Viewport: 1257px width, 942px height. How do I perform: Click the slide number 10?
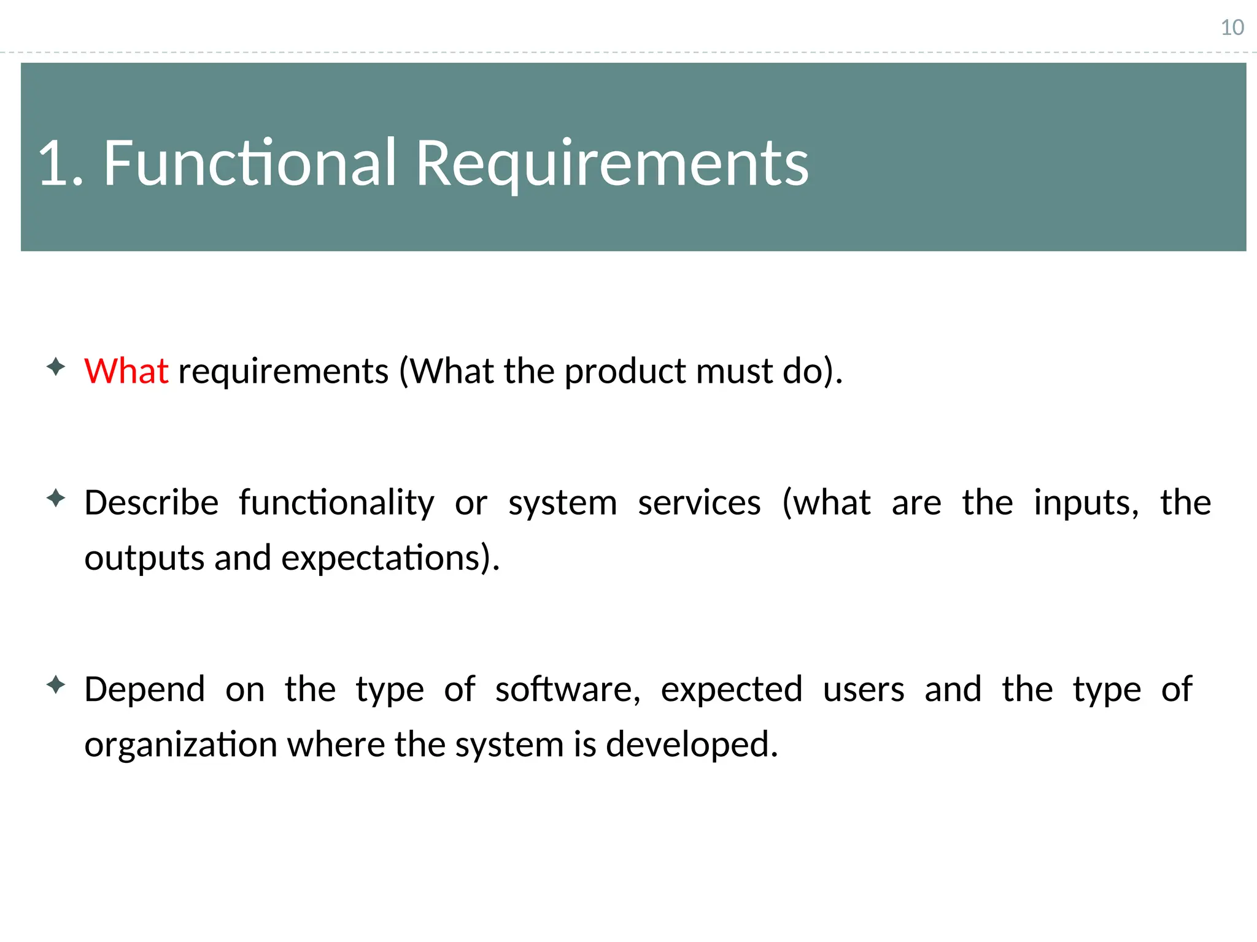click(1232, 28)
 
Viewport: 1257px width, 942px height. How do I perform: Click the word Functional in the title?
click(249, 163)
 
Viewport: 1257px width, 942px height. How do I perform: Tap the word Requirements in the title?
click(612, 163)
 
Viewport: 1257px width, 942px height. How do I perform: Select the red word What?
click(126, 371)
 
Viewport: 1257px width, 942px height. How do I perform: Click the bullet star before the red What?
click(56, 367)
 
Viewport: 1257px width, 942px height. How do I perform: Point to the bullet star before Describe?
click(56, 499)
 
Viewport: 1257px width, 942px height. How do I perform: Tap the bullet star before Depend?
click(56, 685)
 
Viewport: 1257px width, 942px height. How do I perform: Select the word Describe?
click(151, 503)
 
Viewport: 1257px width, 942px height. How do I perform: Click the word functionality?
click(336, 503)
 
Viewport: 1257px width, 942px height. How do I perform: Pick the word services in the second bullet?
click(699, 503)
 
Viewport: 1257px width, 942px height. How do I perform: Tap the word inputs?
click(1086, 503)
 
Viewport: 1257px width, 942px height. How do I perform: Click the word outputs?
click(144, 559)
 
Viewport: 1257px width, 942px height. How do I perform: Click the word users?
click(864, 689)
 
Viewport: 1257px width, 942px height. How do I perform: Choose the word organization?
click(180, 745)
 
